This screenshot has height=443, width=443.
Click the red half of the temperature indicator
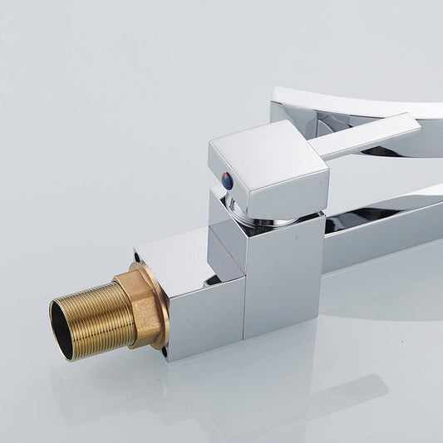pyautogui.click(x=226, y=176)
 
